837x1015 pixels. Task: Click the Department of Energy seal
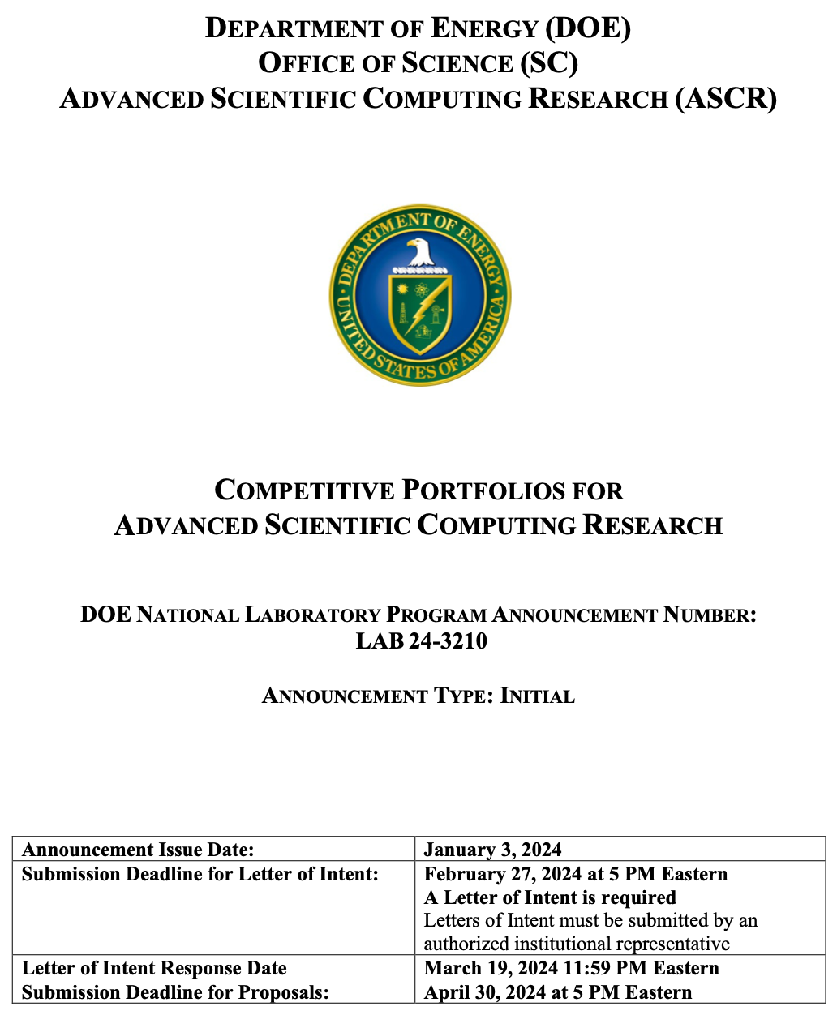tap(419, 293)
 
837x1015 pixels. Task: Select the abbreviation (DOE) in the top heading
tap(588, 28)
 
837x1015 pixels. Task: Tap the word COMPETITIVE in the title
tap(304, 491)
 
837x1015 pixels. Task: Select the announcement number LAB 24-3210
tap(421, 641)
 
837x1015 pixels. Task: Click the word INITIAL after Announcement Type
tap(538, 696)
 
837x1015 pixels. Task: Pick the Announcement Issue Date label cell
tap(138, 850)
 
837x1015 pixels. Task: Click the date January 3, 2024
tap(492, 850)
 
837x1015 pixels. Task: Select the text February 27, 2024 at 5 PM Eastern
tap(575, 874)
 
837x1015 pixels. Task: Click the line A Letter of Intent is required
tap(550, 897)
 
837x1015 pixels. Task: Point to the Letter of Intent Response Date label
tap(154, 968)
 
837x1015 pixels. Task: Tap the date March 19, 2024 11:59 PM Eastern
tap(571, 968)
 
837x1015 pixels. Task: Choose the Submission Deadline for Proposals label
tap(175, 992)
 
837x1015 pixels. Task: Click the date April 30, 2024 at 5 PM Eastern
tap(558, 992)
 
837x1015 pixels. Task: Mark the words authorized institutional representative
tap(577, 944)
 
